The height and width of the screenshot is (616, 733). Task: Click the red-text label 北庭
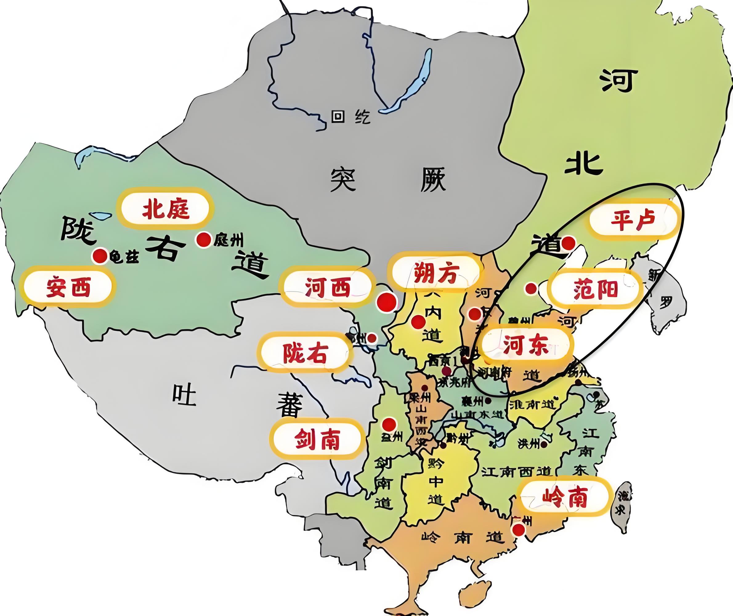165,210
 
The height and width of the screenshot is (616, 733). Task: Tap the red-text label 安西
68,287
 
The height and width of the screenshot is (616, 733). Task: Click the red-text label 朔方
435,273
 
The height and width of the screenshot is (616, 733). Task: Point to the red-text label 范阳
595,290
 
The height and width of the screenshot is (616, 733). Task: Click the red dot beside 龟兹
99,256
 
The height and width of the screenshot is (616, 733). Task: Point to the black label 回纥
350,117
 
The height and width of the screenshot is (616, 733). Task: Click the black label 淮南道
532,405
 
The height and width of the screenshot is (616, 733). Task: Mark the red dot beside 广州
519,530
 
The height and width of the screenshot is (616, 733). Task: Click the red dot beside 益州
389,425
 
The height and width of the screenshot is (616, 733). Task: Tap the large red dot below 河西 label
387,302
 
